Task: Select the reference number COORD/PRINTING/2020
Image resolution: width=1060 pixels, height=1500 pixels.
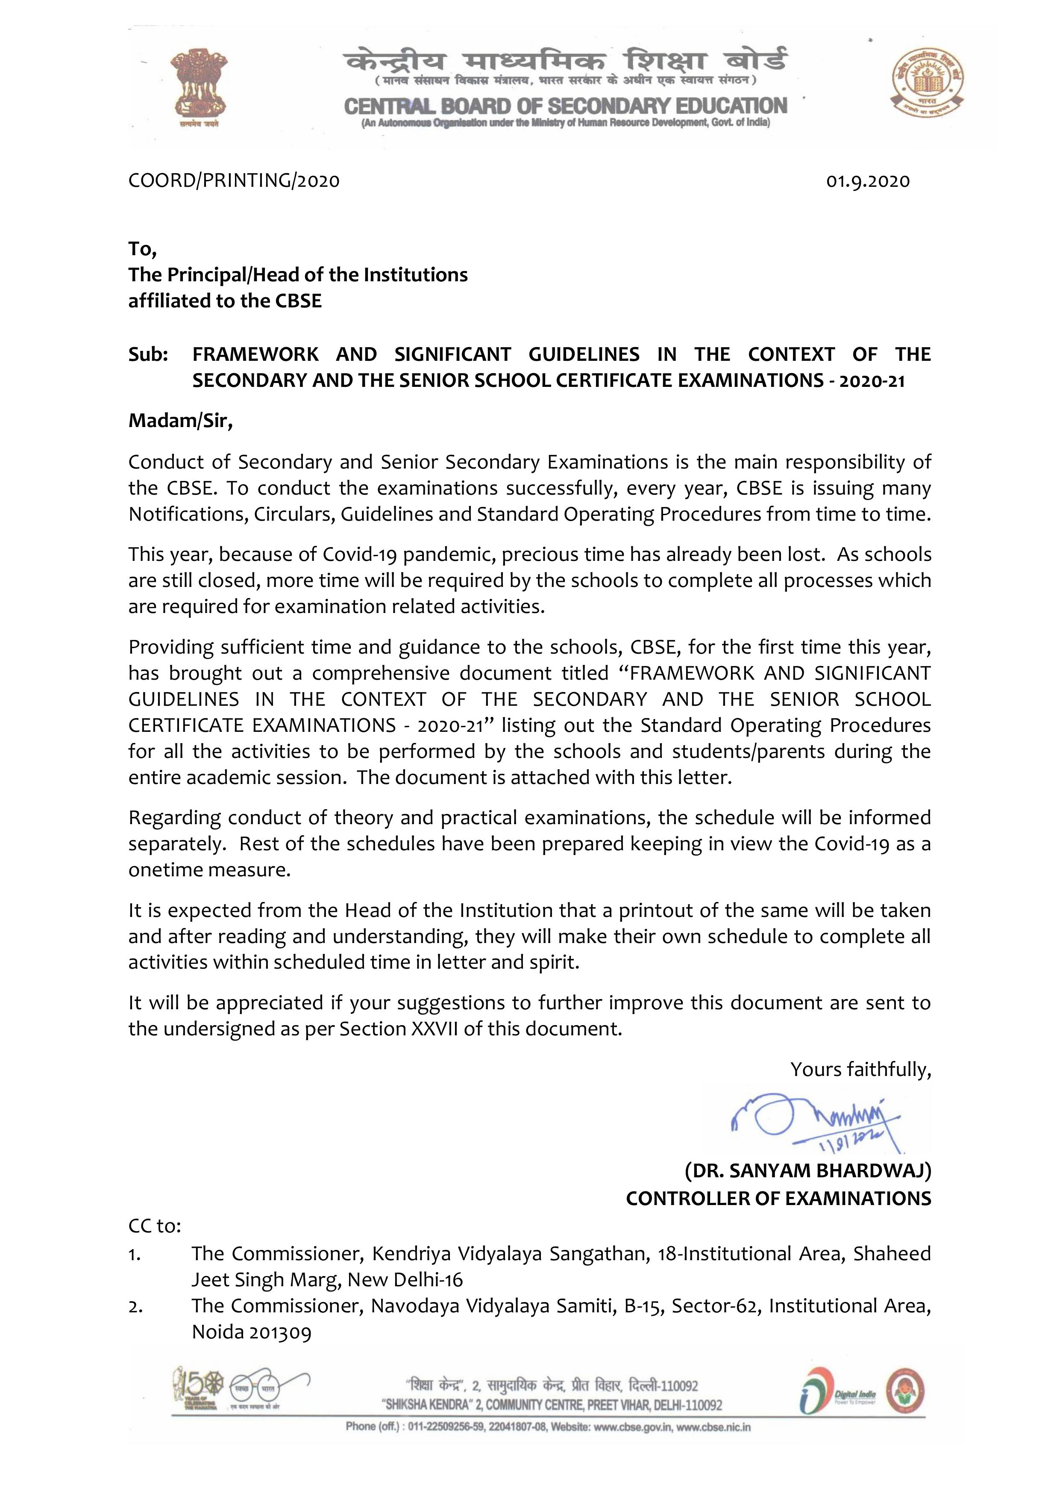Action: pyautogui.click(x=234, y=180)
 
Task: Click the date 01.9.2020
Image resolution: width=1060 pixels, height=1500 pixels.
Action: pyautogui.click(x=867, y=181)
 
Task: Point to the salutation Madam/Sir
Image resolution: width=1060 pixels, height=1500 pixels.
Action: pyautogui.click(x=180, y=420)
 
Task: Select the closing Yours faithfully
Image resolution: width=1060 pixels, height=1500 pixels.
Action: pyautogui.click(x=860, y=1070)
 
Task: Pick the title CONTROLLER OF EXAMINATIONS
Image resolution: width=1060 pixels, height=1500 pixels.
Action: pyautogui.click(x=778, y=1198)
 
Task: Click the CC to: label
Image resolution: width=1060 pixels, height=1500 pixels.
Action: pyautogui.click(x=154, y=1226)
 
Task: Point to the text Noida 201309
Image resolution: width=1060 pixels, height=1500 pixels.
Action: pyautogui.click(x=252, y=1332)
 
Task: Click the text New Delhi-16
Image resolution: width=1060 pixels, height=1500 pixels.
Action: pyautogui.click(x=405, y=1279)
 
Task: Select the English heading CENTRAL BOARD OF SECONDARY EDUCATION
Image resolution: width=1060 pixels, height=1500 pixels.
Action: pyautogui.click(x=566, y=106)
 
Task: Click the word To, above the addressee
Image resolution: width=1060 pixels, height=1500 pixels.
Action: pyautogui.click(x=142, y=249)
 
